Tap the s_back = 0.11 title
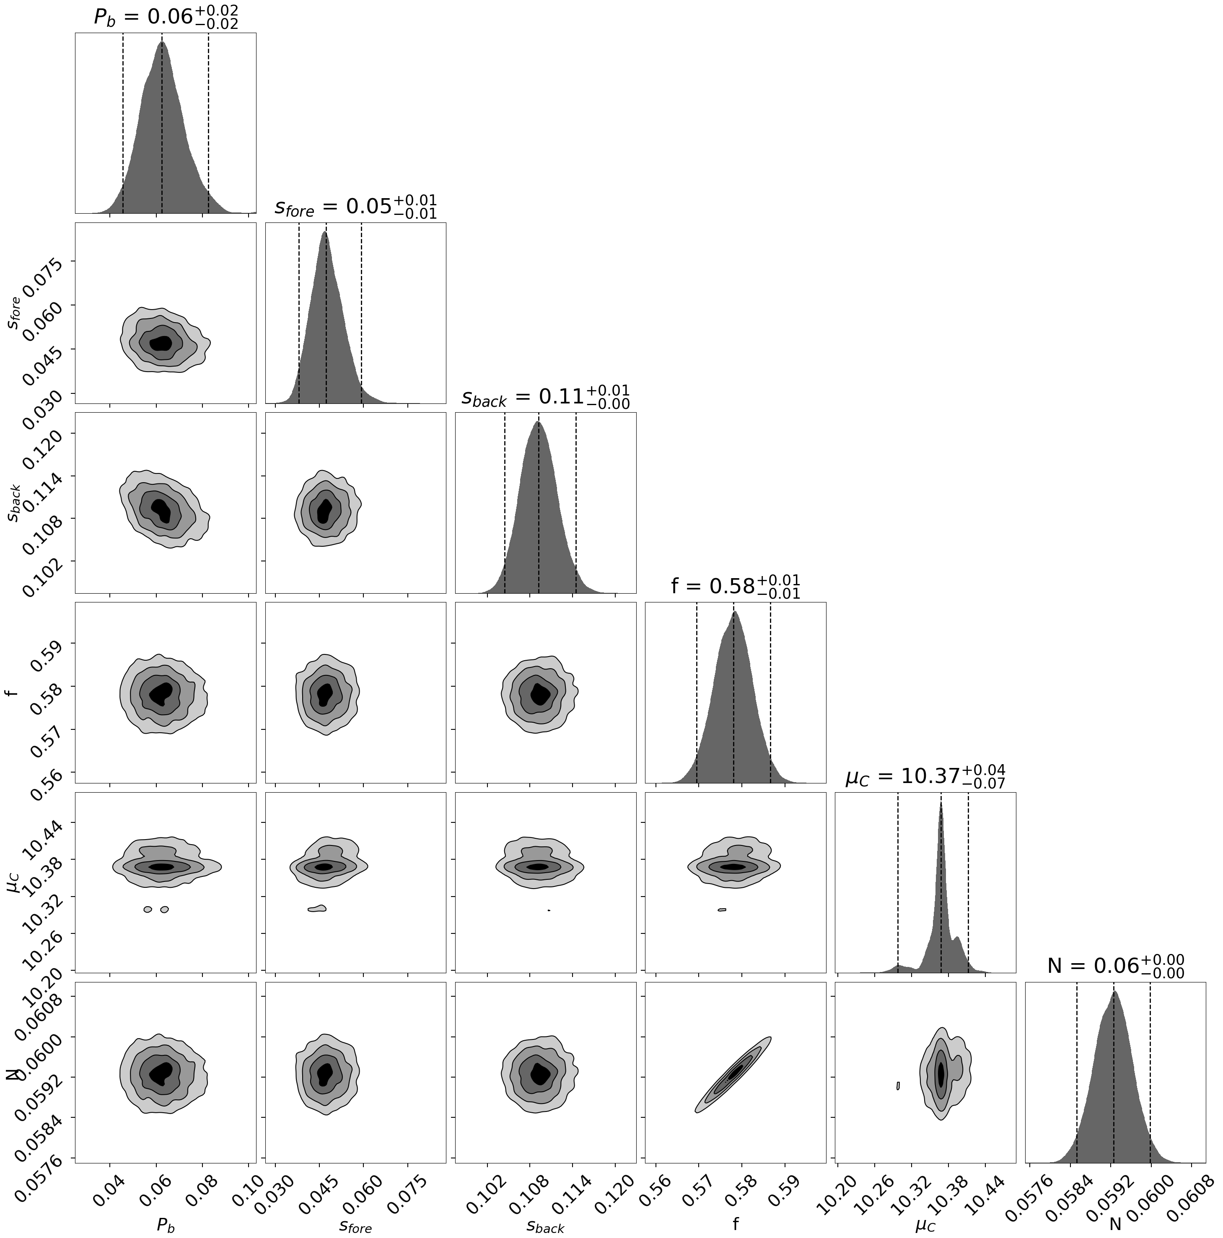545,397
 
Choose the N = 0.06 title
1115,966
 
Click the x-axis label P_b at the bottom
166,1225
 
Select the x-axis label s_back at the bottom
545,1225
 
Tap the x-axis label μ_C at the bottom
925,1225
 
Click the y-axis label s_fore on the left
14,313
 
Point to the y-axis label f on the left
14,693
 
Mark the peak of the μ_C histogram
941,805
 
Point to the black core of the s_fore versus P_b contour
161,343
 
